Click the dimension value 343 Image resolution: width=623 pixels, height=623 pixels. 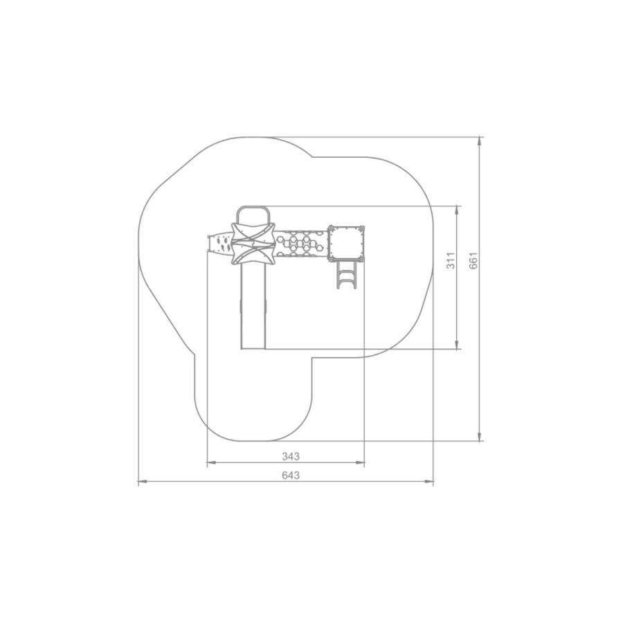291,457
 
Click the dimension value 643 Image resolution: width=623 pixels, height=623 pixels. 291,475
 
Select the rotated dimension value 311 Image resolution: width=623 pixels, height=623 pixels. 451,261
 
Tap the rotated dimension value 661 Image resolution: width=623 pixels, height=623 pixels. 473,261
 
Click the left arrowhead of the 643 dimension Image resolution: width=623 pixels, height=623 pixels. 143,482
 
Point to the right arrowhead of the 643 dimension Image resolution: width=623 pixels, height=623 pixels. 429,482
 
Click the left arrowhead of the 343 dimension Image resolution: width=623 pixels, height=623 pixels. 212,463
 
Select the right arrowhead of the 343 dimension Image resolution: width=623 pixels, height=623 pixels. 360,463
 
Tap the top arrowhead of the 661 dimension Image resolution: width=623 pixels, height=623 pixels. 480,141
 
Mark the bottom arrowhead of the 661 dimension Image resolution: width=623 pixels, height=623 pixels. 480,436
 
